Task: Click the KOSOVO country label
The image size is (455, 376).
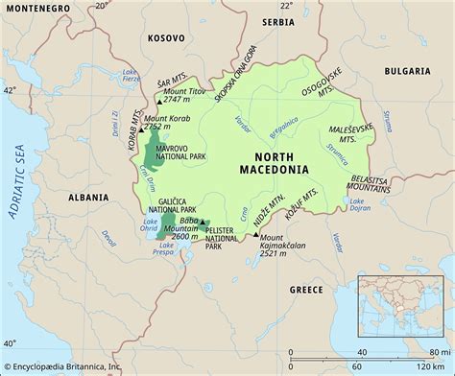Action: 165,38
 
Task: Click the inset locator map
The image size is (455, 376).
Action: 403,309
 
